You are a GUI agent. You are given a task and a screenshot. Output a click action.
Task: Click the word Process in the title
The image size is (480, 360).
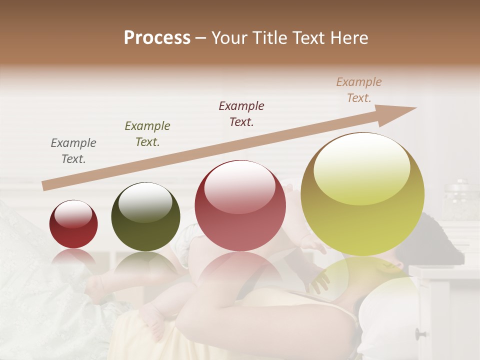point(157,38)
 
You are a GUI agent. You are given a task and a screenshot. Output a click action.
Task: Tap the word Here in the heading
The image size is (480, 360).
point(349,38)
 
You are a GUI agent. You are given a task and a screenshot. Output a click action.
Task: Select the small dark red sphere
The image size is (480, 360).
point(73,224)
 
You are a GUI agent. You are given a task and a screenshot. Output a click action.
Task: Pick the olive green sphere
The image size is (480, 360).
point(145,216)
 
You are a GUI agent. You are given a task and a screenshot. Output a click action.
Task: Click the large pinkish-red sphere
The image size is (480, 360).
point(240,205)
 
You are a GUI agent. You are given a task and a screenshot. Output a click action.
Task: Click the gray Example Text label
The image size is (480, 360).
point(73,151)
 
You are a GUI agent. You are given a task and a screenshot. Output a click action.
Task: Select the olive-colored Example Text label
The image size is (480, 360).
point(147,134)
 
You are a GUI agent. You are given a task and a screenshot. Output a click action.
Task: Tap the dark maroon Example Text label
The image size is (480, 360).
point(241,113)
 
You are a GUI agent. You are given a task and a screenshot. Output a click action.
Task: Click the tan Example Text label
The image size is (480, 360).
point(359,90)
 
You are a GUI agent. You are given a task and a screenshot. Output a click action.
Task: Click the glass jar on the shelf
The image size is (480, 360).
point(460,200)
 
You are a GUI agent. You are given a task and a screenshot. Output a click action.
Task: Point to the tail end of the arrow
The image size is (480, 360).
point(45,185)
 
